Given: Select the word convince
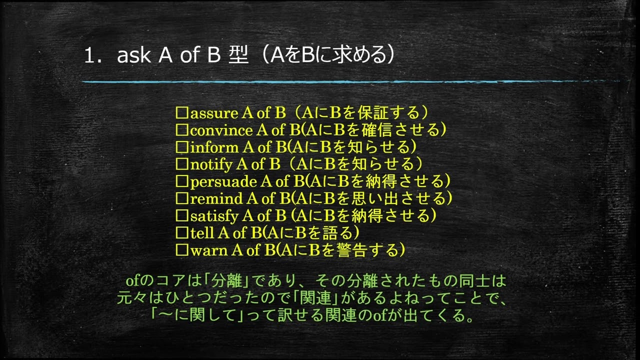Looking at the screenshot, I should pos(221,130).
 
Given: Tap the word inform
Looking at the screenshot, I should pos(207,147).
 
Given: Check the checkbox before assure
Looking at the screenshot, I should pos(181,113).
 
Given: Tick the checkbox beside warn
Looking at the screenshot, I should pos(181,249).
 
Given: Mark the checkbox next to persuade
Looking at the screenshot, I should pos(181,181).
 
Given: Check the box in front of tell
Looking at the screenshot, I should pos(181,232).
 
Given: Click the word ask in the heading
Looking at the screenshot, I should pos(133,56).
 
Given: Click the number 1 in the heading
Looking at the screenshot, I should pos(89,56).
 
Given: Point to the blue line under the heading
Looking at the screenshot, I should pos(350,81).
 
